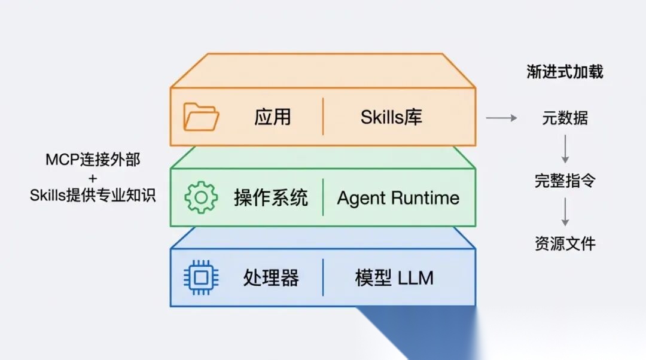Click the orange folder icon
[201, 117]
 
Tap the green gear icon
[201, 197]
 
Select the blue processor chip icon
[201, 277]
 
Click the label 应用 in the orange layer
[272, 117]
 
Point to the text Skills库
[391, 117]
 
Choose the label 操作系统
[270, 198]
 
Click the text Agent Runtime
[398, 198]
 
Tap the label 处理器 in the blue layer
[270, 277]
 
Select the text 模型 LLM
[394, 277]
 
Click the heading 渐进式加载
[565, 72]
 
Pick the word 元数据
[565, 118]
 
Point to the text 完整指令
[565, 181]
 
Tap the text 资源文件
[565, 243]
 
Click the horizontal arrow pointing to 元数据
[501, 118]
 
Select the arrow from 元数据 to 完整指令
[565, 150]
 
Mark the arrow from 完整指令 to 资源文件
[565, 212]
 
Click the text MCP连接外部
[93, 160]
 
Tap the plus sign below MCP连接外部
[93, 178]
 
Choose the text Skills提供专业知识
[93, 195]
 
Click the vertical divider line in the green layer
[323, 197]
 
